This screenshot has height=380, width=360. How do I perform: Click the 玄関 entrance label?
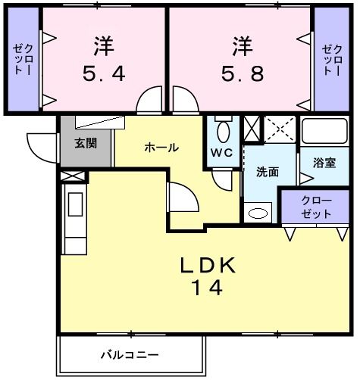[85, 142]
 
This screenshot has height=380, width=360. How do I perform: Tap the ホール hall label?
[161, 148]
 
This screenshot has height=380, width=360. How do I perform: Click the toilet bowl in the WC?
[221, 132]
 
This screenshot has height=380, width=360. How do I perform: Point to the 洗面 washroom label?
[267, 172]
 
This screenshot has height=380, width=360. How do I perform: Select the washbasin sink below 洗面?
[258, 213]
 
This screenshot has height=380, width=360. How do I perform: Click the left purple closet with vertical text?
[22, 59]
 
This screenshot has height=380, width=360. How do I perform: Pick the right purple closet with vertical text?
[331, 59]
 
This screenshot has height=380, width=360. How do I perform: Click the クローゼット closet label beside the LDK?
[316, 207]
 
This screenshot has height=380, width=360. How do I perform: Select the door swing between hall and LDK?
[182, 198]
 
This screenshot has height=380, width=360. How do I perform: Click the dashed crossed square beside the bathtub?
[279, 128]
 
